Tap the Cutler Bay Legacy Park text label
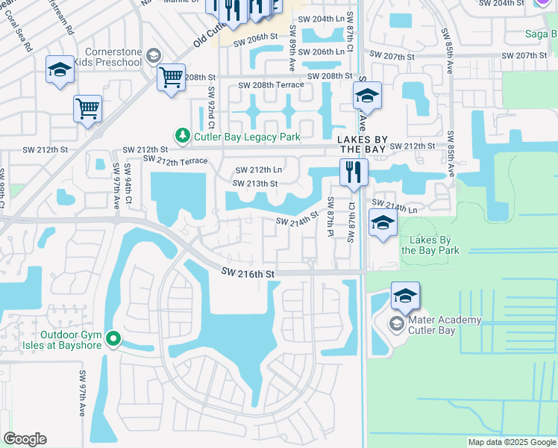[x=247, y=137]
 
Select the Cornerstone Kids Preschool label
[x=113, y=57]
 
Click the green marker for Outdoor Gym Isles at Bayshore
[x=113, y=340]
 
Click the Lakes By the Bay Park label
[x=430, y=245]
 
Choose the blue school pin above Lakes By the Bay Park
[x=383, y=223]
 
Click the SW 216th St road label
[x=248, y=274]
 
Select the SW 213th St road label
[x=255, y=184]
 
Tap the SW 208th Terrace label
[x=270, y=86]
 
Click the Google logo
[x=25, y=439]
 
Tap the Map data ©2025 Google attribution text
[x=511, y=442]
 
